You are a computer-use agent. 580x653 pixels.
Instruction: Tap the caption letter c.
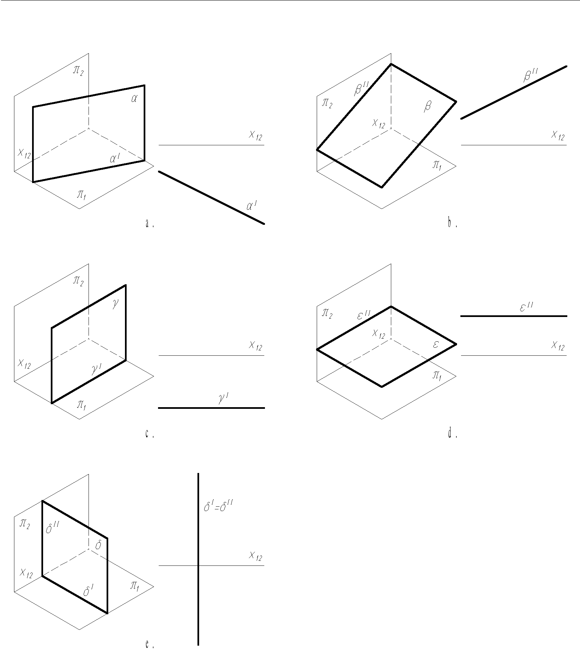pyautogui.click(x=147, y=434)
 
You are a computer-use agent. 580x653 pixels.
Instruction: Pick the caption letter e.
pyautogui.click(x=147, y=644)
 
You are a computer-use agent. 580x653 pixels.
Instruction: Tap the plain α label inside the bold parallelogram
pyautogui.click(x=134, y=99)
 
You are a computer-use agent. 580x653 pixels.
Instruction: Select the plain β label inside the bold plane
pyautogui.click(x=427, y=107)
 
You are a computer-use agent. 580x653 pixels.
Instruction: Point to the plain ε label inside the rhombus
pyautogui.click(x=435, y=345)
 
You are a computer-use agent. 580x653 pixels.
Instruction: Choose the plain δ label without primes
pyautogui.click(x=98, y=546)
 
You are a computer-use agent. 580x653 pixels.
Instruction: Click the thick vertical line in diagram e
pyautogui.click(x=198, y=595)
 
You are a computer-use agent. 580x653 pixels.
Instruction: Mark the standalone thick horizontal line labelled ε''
pyautogui.click(x=514, y=316)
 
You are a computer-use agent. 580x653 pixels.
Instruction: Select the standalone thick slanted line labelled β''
pyautogui.click(x=514, y=92)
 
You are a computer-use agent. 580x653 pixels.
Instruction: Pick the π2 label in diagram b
pyautogui.click(x=327, y=103)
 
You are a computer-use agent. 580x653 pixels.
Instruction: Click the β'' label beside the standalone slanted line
pyautogui.click(x=530, y=76)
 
